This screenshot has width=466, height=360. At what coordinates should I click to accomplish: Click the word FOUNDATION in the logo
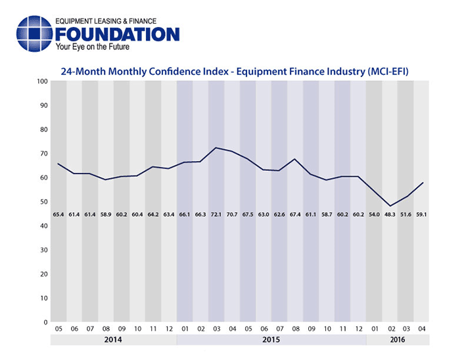[x=118, y=34]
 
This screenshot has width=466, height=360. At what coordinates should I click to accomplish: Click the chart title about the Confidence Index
[x=235, y=70]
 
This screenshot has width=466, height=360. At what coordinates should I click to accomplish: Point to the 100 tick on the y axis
[x=43, y=81]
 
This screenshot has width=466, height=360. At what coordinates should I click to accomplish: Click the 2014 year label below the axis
[x=113, y=340]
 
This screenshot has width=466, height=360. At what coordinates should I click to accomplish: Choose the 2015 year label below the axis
[x=271, y=340]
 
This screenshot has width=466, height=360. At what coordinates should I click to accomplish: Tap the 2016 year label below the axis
[x=397, y=340]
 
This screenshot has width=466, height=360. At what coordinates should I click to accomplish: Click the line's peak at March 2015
[x=216, y=148]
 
